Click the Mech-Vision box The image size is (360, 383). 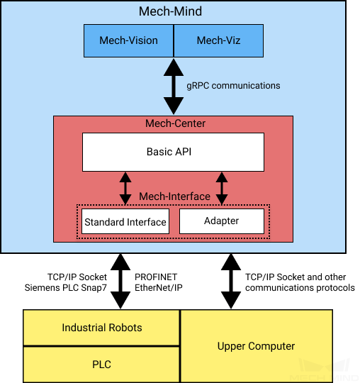[129, 40]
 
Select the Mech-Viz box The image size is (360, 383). [218, 40]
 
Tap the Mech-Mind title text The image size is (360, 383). [170, 11]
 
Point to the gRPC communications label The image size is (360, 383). [233, 86]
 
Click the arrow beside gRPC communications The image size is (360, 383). [174, 87]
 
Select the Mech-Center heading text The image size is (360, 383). [175, 123]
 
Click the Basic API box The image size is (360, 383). [174, 152]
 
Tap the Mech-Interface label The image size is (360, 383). [174, 196]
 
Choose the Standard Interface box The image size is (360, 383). [125, 221]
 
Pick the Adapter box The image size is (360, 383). [222, 221]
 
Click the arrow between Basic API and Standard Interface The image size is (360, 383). [125, 189]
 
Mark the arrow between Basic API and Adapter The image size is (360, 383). [222, 189]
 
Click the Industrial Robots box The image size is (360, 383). [101, 328]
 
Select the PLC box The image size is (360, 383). [101, 365]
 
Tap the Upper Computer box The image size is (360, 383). [257, 346]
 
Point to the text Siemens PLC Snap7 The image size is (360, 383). [66, 288]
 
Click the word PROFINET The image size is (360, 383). [156, 277]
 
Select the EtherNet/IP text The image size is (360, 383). [159, 288]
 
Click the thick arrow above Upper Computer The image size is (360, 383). [231, 282]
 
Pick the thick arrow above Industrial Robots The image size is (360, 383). [120, 282]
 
